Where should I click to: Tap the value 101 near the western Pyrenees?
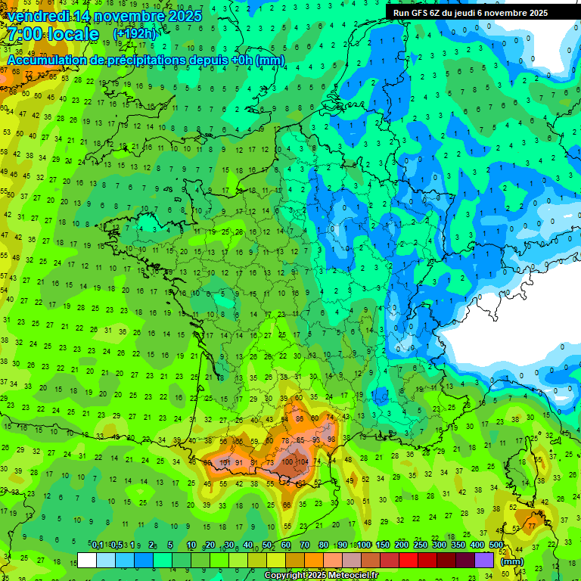225,462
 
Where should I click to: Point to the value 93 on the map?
316,440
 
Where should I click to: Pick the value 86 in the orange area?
300,418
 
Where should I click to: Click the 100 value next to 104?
287,461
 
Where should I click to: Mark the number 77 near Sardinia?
533,525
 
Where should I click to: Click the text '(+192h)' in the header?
135,34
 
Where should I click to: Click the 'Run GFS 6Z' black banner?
471,13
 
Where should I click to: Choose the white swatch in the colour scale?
87,560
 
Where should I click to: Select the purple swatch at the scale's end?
484,560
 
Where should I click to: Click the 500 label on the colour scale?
496,545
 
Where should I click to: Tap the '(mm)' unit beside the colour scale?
512,561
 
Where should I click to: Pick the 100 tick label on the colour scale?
365,545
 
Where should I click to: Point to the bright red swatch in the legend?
409,560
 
